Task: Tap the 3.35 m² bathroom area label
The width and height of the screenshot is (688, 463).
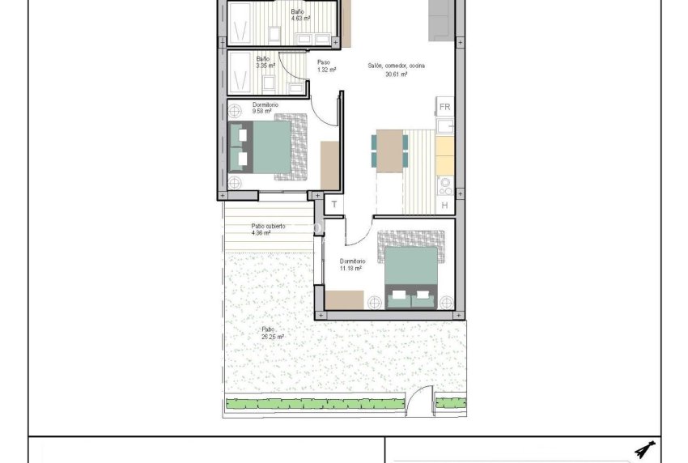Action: point(265,62)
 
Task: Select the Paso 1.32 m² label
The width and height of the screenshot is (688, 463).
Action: point(325,66)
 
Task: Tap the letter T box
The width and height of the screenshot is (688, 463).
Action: point(333,205)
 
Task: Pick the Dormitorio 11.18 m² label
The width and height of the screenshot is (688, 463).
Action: point(353,265)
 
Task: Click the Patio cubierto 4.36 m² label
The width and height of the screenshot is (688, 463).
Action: point(267,230)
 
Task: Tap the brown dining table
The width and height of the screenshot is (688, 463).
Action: point(392,151)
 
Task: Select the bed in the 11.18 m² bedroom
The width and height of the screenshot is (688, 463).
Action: point(412,271)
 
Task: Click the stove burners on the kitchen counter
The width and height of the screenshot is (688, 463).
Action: point(444,185)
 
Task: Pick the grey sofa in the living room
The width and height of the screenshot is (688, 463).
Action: point(441,19)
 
